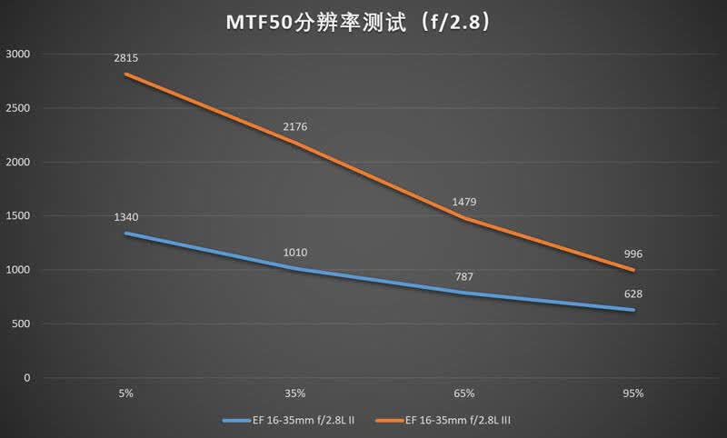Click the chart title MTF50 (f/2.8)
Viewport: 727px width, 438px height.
pos(357,23)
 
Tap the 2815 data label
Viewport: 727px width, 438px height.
pos(126,58)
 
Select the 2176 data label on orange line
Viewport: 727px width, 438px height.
pos(294,127)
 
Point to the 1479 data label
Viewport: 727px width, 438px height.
pos(464,202)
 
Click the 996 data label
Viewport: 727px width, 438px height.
pos(633,254)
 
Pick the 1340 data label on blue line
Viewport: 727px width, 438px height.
pos(126,217)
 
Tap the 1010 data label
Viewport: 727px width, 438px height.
pos(294,253)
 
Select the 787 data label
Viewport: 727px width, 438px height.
pos(464,277)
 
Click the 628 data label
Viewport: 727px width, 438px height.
pos(633,294)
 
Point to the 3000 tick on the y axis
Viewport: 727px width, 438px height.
pos(17,55)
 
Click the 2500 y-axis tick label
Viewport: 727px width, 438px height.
pos(17,108)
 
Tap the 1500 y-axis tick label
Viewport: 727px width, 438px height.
pos(17,216)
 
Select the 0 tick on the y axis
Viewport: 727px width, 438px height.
pos(27,378)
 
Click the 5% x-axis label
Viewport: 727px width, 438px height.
pos(126,393)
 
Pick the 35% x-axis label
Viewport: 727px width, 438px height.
pos(294,393)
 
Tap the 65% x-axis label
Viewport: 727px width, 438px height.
pos(464,393)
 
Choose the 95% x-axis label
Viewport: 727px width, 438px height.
pos(633,393)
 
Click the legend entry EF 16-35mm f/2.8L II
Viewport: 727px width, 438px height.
pos(288,421)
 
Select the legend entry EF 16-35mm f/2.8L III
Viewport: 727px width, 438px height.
pos(443,421)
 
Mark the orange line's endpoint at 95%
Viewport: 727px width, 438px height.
pos(633,270)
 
